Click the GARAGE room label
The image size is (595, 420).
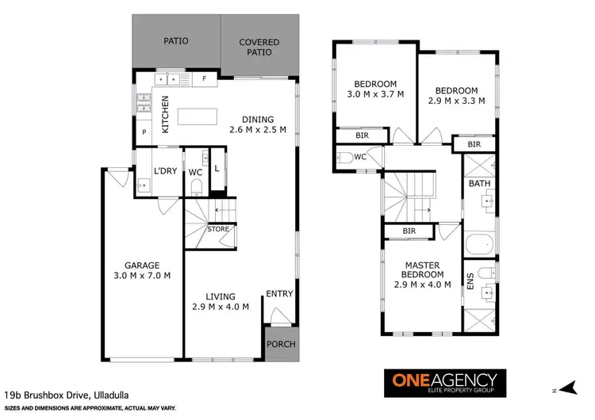(x=142, y=265)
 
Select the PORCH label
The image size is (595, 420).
(x=278, y=344)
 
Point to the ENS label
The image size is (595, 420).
(x=470, y=281)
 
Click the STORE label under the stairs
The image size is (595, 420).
(x=218, y=230)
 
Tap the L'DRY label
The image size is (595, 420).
(x=165, y=171)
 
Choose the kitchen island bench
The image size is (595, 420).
(x=199, y=116)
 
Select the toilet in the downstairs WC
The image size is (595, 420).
(x=196, y=188)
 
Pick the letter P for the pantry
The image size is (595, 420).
(x=144, y=133)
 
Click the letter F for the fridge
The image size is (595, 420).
(x=205, y=79)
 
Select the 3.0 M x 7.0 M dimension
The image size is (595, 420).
(x=142, y=276)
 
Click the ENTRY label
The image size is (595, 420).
(x=279, y=294)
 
